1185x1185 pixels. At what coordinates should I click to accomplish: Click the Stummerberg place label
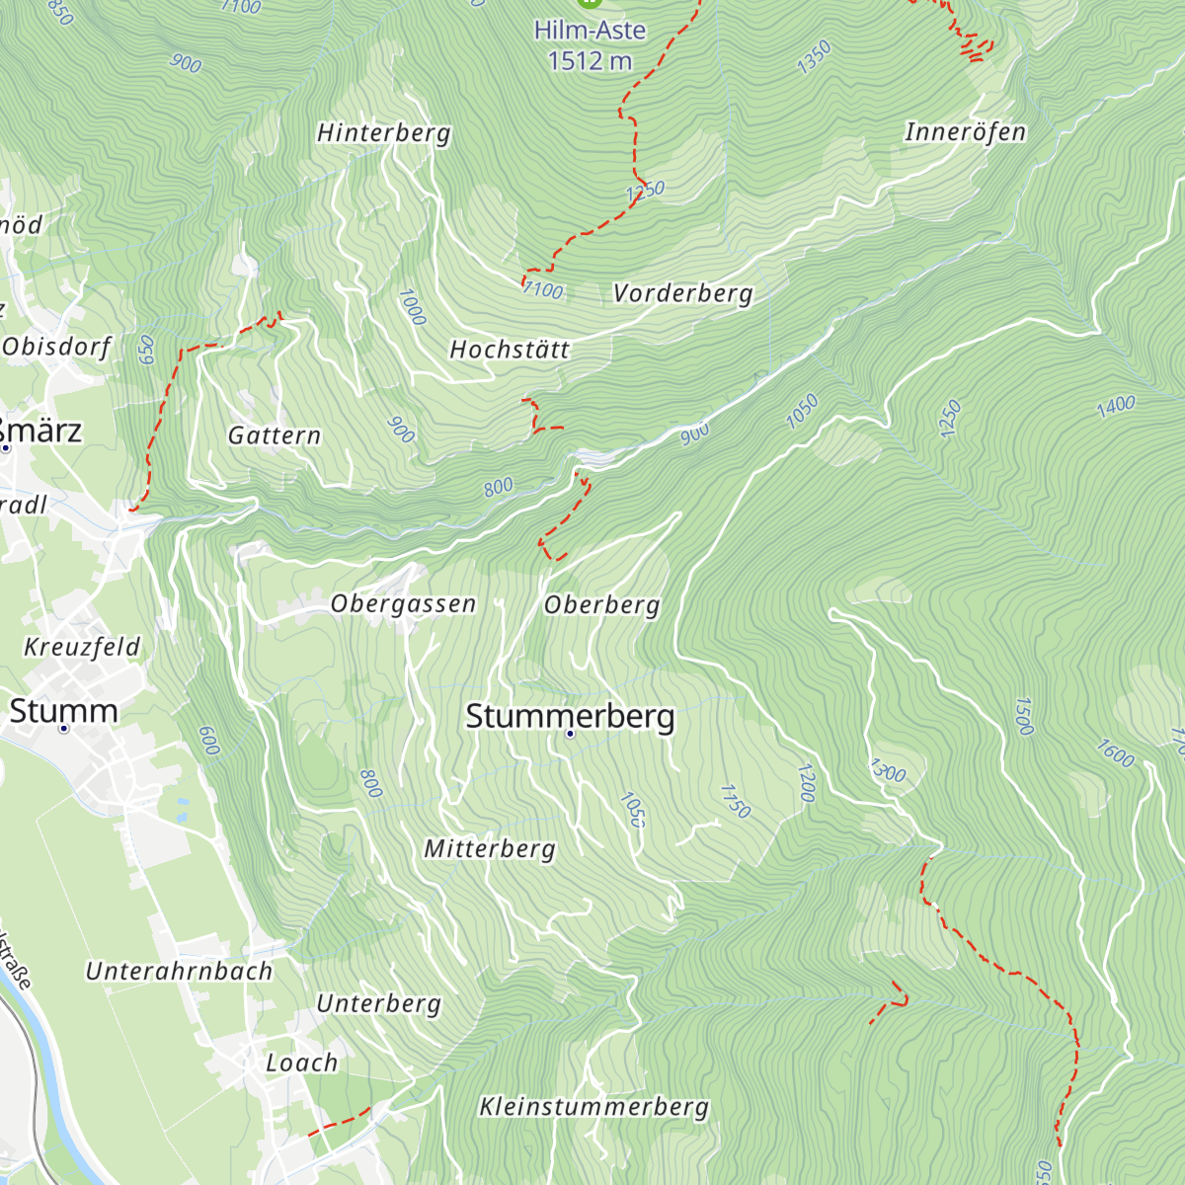tap(570, 716)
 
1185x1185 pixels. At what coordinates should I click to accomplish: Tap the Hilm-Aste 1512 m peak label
tap(590, 45)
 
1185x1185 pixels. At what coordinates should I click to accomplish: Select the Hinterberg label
tap(383, 133)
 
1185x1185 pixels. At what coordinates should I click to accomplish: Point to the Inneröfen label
tap(965, 132)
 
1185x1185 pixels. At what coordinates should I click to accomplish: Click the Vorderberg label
tap(682, 293)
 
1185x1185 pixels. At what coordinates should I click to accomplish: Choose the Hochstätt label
tap(510, 350)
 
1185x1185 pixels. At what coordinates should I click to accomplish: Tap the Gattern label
tap(274, 435)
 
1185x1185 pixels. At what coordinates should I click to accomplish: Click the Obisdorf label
tap(56, 347)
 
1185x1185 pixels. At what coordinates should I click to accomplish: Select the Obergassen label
tap(403, 603)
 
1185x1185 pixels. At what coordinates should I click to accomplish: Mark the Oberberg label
tap(601, 604)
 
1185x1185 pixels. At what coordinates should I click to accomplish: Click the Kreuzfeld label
tap(82, 648)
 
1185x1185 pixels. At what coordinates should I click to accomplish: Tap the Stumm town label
tap(63, 711)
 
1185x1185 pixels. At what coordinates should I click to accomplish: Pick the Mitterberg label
tap(489, 849)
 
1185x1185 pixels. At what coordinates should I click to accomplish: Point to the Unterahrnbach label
tap(179, 972)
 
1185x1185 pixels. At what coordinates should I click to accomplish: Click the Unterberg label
tap(378, 1004)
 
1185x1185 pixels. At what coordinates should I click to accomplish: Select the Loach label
tap(301, 1064)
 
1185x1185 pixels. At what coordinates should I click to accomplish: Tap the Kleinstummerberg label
tap(593, 1107)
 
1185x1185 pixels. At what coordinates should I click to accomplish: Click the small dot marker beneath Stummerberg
tap(570, 735)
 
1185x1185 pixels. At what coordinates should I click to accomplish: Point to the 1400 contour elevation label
tap(1115, 406)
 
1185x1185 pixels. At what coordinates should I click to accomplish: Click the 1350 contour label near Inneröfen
tap(815, 57)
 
